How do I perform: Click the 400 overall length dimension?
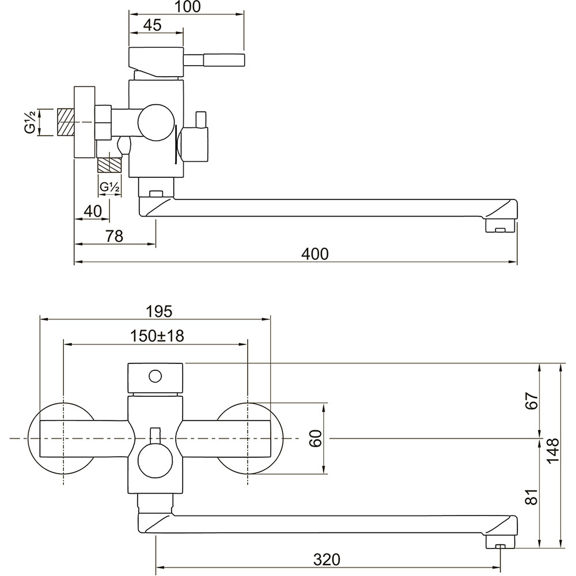[x=315, y=254]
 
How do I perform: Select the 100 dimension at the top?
[x=187, y=6]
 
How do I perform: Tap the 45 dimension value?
[x=152, y=25]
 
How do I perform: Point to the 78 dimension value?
[x=114, y=236]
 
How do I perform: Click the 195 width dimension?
[x=159, y=312]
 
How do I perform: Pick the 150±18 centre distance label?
[x=157, y=336]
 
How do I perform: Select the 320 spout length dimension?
[x=327, y=560]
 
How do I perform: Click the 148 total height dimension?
[x=552, y=451]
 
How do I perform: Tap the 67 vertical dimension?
[x=532, y=401]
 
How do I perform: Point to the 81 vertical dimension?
[x=532, y=497]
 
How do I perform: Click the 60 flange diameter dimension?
[x=316, y=438]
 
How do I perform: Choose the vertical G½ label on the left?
[x=31, y=122]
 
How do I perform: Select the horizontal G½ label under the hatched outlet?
[x=109, y=187]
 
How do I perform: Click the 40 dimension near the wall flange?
[x=93, y=211]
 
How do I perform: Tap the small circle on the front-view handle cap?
[x=155, y=376]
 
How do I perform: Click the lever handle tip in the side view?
[x=224, y=60]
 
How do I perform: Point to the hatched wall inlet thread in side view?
[x=66, y=122]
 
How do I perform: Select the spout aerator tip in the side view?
[x=501, y=226]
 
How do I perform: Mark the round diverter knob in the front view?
[x=155, y=459]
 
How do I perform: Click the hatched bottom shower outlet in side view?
[x=109, y=165]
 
